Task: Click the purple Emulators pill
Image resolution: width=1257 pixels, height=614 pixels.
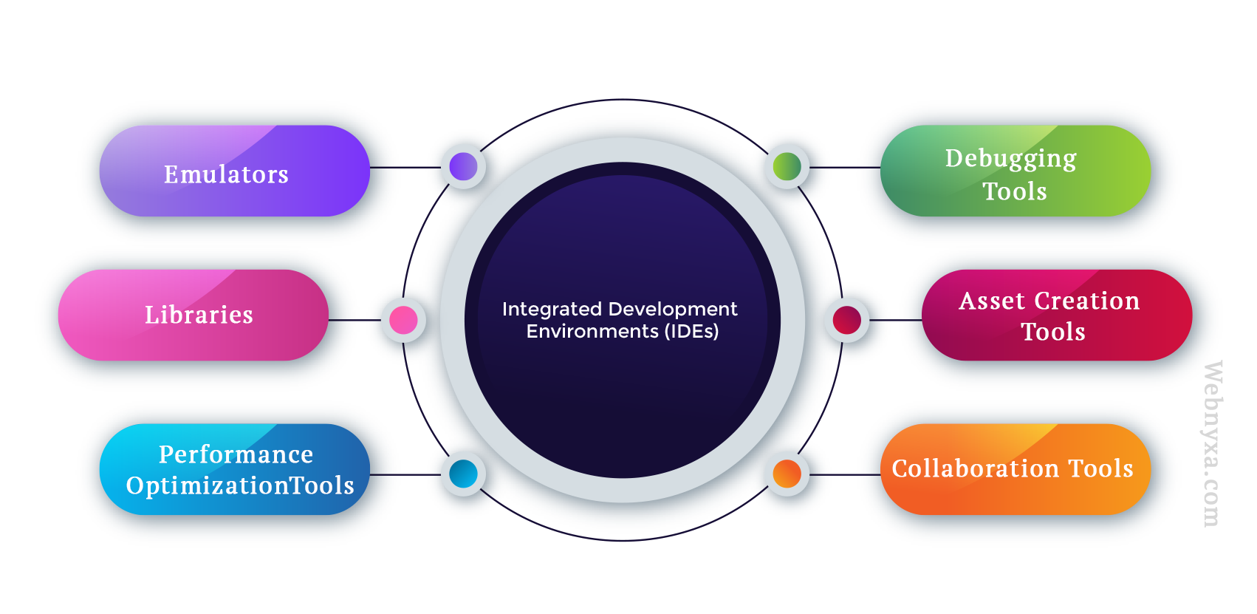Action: click(x=235, y=171)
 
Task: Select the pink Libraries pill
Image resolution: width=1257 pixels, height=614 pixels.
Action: click(x=193, y=315)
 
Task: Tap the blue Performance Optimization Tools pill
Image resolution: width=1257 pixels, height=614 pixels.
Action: click(x=235, y=469)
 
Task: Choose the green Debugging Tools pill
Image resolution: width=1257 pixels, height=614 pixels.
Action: click(x=1015, y=171)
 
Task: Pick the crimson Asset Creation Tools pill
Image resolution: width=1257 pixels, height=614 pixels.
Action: click(x=1058, y=315)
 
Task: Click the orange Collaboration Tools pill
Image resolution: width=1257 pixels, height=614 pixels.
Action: click(x=1015, y=469)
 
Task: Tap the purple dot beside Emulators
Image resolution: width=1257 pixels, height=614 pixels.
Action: click(x=464, y=167)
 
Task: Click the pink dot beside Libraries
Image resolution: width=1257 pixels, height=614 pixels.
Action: click(x=403, y=320)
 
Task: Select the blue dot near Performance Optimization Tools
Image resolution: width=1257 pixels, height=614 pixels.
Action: click(x=464, y=474)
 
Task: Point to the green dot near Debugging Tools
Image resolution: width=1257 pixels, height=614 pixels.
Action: click(x=787, y=167)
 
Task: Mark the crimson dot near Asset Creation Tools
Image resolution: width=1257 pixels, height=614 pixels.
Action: click(x=847, y=320)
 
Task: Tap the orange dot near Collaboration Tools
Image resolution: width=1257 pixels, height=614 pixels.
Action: click(x=787, y=474)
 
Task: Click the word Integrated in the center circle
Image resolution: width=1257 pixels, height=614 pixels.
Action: click(x=552, y=310)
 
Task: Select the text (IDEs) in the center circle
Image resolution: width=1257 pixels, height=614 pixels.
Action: click(x=691, y=332)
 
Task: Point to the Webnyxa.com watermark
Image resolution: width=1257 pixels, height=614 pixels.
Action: click(x=1212, y=444)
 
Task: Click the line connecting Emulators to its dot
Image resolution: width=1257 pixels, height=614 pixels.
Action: click(x=405, y=167)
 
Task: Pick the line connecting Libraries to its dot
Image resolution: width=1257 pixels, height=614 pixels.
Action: click(x=355, y=320)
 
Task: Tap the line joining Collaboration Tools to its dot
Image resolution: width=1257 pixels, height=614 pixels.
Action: click(x=845, y=475)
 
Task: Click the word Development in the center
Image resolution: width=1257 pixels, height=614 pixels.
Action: click(x=673, y=310)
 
